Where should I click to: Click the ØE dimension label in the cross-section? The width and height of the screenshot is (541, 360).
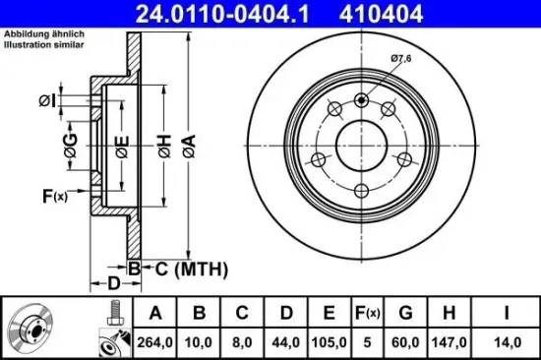click(121, 150)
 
